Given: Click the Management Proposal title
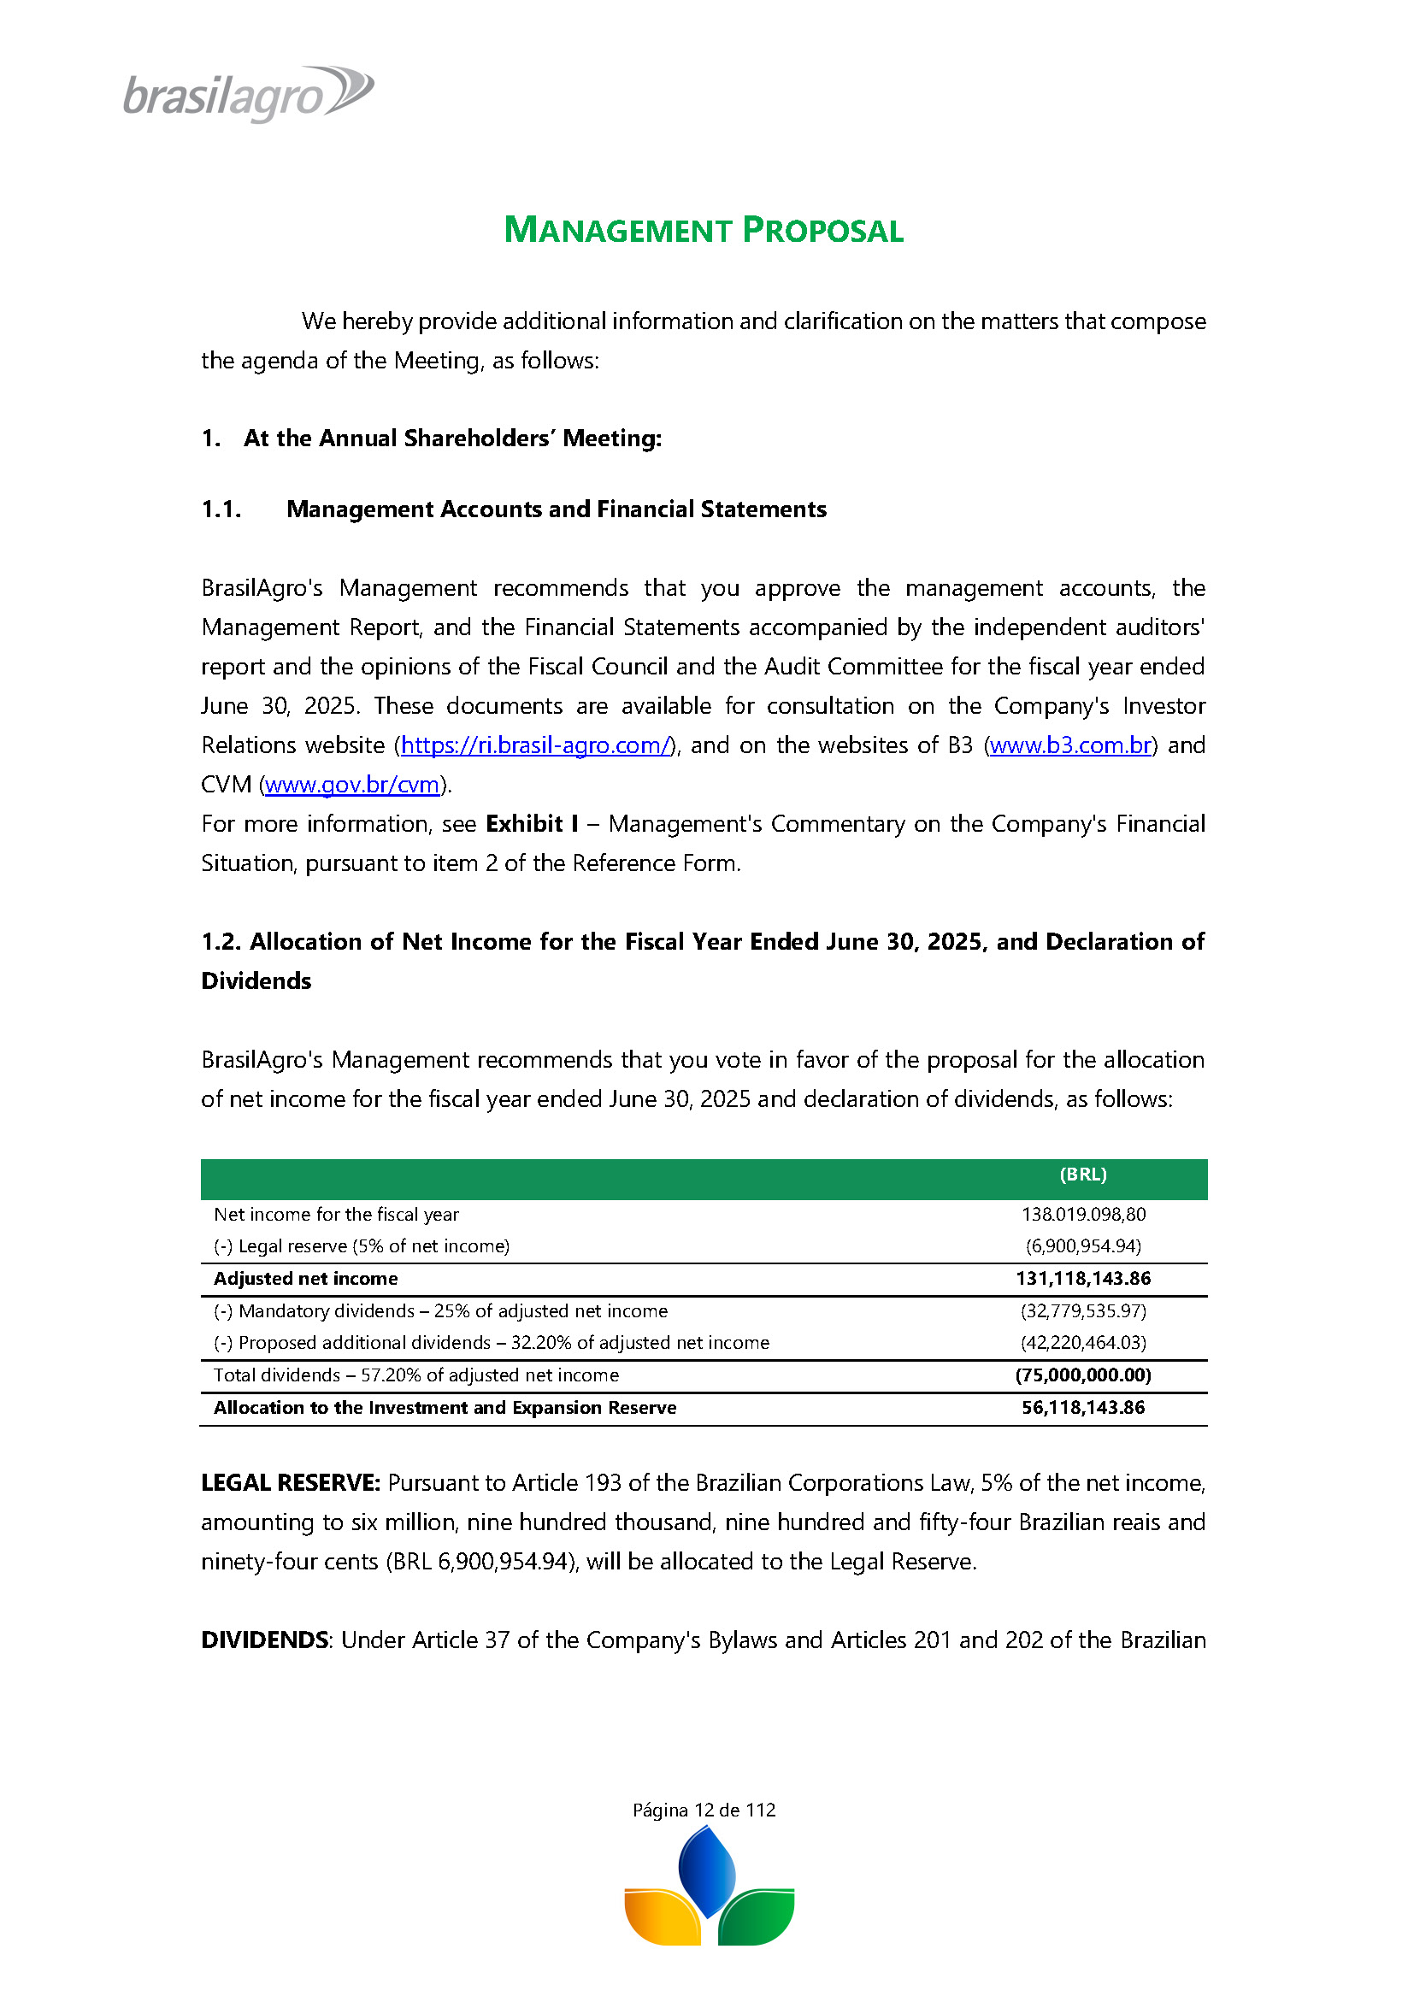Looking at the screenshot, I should pyautogui.click(x=703, y=231).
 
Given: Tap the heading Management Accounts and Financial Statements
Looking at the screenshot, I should pyautogui.click(x=556, y=509).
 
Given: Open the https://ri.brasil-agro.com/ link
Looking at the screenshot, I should pyautogui.click(x=535, y=745).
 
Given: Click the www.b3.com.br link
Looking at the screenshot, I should pyautogui.click(x=1070, y=745).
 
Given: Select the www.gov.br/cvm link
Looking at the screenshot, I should pyautogui.click(x=352, y=786).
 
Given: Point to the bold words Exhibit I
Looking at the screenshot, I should pyautogui.click(x=532, y=824).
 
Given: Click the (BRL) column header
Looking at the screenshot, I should pyautogui.click(x=1083, y=1175).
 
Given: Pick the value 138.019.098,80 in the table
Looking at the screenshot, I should pyautogui.click(x=1083, y=1215).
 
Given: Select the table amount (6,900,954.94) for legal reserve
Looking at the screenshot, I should pyautogui.click(x=1083, y=1246).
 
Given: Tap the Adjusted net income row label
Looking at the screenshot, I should pyautogui.click(x=306, y=1279).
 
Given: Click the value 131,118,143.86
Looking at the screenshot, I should pyautogui.click(x=1083, y=1279).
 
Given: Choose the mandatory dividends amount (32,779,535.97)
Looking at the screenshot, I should pyautogui.click(x=1083, y=1310).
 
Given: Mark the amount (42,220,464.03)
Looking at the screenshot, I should pyautogui.click(x=1083, y=1343).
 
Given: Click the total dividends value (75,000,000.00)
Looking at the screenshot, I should pyautogui.click(x=1083, y=1375).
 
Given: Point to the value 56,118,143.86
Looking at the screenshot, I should pyautogui.click(x=1083, y=1408).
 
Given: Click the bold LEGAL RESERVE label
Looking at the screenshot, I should pyautogui.click(x=291, y=1483).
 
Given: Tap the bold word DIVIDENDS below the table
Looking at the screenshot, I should pyautogui.click(x=264, y=1640).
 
